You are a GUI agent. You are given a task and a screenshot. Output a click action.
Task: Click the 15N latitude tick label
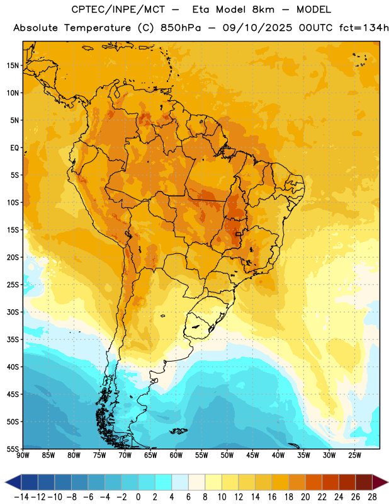[x=13, y=66]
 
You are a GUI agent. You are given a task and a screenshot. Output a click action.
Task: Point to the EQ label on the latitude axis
[x=14, y=148]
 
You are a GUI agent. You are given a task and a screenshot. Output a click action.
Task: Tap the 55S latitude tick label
[x=13, y=449]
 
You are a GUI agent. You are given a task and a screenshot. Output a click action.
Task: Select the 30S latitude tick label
[x=13, y=312]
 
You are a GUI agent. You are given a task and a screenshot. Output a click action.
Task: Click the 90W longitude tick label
[x=23, y=455]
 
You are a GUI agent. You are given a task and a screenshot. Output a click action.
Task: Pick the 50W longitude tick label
[x=227, y=455]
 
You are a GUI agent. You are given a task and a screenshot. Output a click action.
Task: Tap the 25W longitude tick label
[x=354, y=455]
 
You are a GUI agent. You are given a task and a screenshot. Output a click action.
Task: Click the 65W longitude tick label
[x=150, y=455]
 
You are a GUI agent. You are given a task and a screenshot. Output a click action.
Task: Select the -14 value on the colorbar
[x=21, y=497]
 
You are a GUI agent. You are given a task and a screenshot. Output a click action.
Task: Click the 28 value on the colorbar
[x=372, y=497]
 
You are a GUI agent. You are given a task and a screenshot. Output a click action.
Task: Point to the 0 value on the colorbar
[x=138, y=497]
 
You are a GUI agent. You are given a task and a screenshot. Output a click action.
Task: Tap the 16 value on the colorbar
[x=272, y=497]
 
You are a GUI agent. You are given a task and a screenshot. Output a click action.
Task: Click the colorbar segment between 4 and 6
[x=180, y=482]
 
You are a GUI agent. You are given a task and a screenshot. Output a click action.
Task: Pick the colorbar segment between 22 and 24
[x=330, y=482]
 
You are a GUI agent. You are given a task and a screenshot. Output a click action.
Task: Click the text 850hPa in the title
[x=181, y=28]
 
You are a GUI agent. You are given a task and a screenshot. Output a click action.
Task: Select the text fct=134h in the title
[x=364, y=28]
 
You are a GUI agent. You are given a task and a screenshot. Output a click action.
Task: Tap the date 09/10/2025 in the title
[x=257, y=28]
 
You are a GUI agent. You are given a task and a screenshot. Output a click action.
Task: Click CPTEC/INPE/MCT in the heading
[x=118, y=9]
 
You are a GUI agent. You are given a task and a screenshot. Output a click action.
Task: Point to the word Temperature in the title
[x=98, y=28]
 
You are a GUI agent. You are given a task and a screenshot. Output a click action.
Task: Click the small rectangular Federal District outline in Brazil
[x=239, y=234]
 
